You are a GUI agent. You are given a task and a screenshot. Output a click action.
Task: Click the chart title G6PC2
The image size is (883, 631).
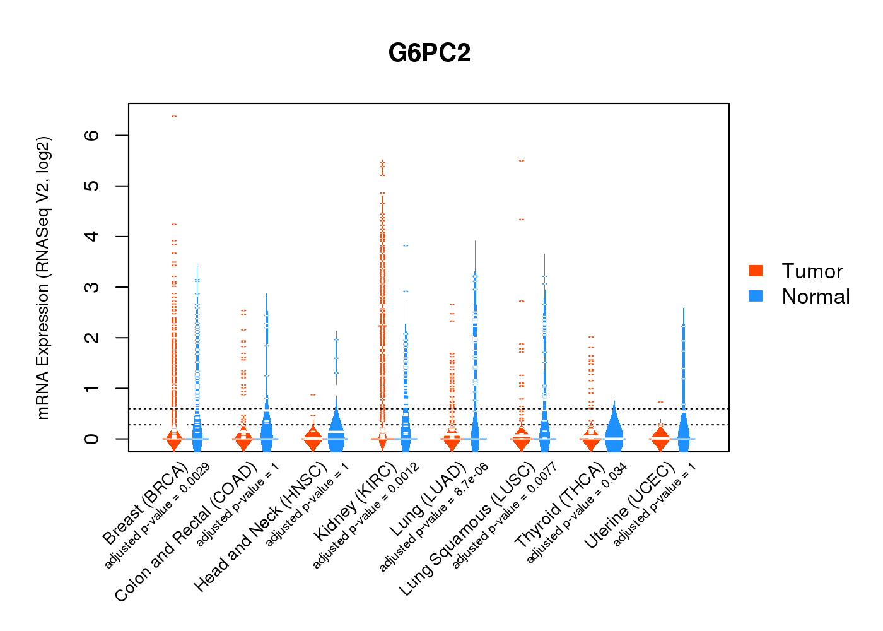point(430,53)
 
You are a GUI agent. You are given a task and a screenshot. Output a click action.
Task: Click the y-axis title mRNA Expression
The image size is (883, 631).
point(43,278)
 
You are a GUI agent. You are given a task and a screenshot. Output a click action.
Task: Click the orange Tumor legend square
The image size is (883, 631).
point(756,271)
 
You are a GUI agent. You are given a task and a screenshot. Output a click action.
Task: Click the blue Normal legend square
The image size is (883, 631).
point(756,296)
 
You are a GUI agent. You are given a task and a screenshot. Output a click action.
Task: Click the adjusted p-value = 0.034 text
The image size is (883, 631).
point(576,513)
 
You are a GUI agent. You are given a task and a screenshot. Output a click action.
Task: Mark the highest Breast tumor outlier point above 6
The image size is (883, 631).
point(174,116)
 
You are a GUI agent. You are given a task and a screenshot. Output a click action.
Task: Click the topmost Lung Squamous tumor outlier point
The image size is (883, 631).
point(522,161)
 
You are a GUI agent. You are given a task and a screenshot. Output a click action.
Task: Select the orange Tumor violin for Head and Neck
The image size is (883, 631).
point(313,439)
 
